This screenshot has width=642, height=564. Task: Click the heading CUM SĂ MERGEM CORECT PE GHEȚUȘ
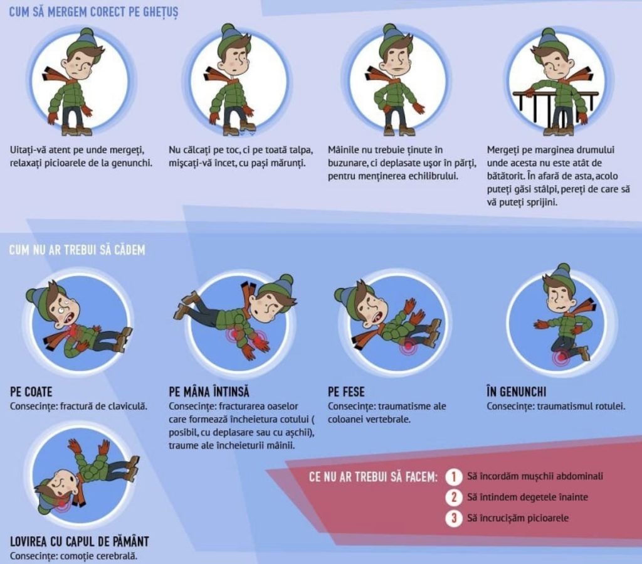[x=94, y=12]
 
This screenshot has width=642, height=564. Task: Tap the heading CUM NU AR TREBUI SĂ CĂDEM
[x=77, y=250]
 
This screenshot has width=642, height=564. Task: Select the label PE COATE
[x=31, y=392]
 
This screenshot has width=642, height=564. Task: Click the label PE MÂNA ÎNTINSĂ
[x=209, y=392]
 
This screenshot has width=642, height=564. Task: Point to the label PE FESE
[x=346, y=392]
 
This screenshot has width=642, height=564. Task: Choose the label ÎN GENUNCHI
[x=517, y=391]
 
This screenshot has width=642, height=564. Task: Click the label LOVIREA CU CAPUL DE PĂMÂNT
[x=80, y=541]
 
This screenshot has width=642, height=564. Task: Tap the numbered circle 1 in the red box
[x=454, y=477]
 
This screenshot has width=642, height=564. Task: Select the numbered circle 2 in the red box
[x=454, y=497]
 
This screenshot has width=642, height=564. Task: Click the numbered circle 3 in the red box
[x=454, y=518]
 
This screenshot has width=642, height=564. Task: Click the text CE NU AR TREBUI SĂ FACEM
[x=374, y=477]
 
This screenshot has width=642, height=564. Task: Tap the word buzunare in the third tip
[x=346, y=163]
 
